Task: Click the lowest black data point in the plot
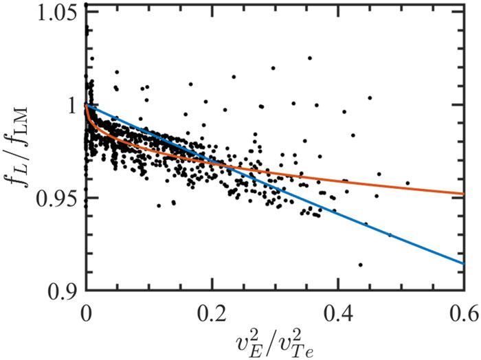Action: [360, 265]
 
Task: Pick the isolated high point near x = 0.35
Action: [310, 58]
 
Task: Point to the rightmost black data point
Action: [407, 183]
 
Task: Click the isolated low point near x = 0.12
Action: [159, 205]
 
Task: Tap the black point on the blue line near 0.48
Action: [390, 235]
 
